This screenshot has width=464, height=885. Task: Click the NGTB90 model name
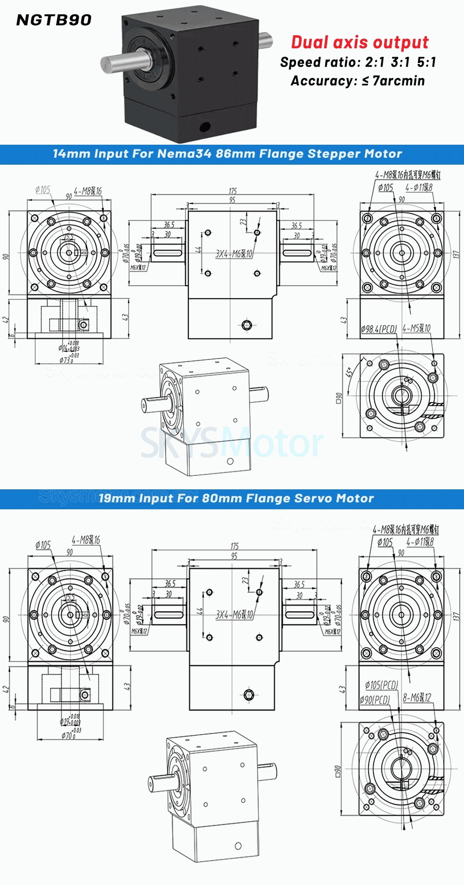tap(54, 20)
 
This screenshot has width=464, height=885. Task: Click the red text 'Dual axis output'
tap(360, 42)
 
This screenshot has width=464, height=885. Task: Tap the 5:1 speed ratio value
tap(426, 62)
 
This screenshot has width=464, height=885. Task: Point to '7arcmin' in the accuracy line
tap(399, 81)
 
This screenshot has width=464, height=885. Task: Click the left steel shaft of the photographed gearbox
tap(125, 63)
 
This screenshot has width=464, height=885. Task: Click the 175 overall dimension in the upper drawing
tap(232, 191)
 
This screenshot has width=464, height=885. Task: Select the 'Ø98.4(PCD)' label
tap(379, 329)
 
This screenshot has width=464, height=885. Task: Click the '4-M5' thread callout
tap(417, 328)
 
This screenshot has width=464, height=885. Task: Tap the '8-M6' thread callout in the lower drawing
tap(417, 697)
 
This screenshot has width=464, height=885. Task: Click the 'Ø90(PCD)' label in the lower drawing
tap(374, 699)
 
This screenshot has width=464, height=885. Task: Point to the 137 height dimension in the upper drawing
tap(456, 254)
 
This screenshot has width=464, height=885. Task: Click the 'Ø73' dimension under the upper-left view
tap(66, 359)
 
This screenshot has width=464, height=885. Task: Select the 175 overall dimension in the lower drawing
tap(235, 546)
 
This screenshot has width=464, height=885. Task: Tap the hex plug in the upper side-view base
tap(247, 325)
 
